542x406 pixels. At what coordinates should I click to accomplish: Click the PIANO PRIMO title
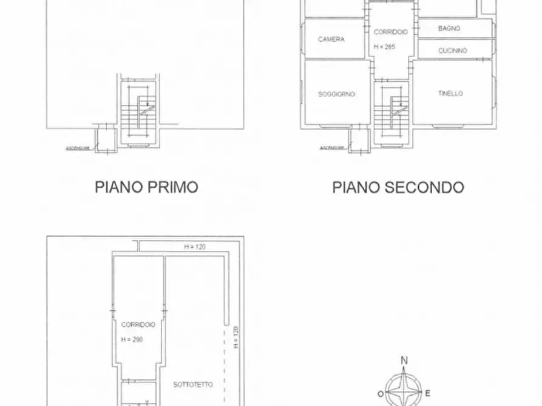pos(146,187)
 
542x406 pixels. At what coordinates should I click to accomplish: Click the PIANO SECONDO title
pos(398,187)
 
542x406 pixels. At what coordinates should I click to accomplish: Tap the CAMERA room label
pos(331,39)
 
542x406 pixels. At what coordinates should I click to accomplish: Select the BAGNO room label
pos(449,28)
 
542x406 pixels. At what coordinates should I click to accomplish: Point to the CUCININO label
pos(453,51)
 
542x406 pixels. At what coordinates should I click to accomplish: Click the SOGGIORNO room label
pos(336,95)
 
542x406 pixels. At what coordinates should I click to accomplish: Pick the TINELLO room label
pos(450,93)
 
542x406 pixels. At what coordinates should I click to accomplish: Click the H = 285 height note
pos(385,46)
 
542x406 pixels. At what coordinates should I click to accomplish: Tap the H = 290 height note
pos(132,339)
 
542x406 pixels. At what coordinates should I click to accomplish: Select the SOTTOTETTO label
pos(193,384)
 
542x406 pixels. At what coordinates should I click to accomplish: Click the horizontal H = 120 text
pos(195,247)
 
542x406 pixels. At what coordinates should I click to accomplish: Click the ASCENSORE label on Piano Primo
pos(78,147)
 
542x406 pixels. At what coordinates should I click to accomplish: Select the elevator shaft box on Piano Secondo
pos(361,140)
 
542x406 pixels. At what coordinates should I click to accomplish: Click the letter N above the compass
pos(404,361)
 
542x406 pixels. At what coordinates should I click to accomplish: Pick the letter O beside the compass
pos(381,393)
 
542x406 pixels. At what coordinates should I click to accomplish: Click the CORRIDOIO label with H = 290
pos(138,325)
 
